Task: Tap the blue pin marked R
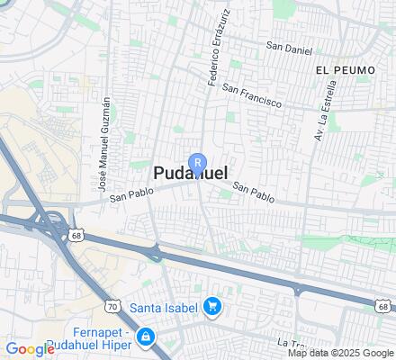point(201,163)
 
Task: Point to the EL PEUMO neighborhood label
point(338,68)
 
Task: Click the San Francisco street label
point(253,96)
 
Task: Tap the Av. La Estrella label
point(325,111)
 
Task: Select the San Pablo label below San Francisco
point(253,191)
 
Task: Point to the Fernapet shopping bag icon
point(147,337)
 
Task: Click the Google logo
point(30,349)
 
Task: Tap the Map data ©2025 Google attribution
point(341,353)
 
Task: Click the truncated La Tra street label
point(292,342)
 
